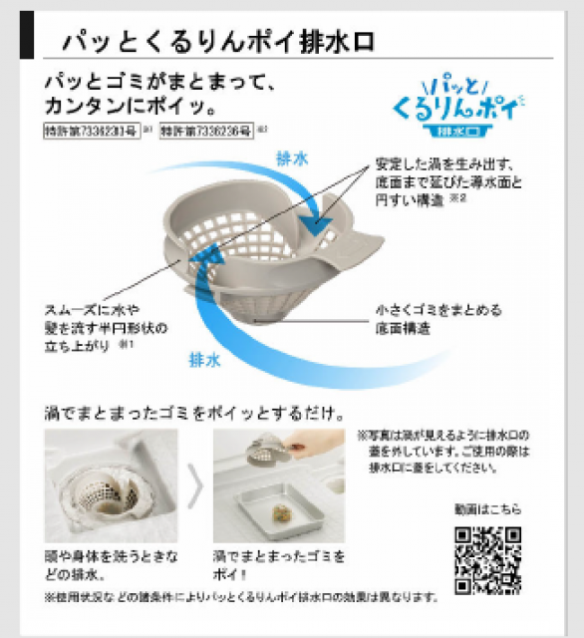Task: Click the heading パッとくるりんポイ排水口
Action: [x=217, y=43]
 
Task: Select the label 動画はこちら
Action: [x=489, y=510]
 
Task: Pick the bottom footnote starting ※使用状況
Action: [x=239, y=597]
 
